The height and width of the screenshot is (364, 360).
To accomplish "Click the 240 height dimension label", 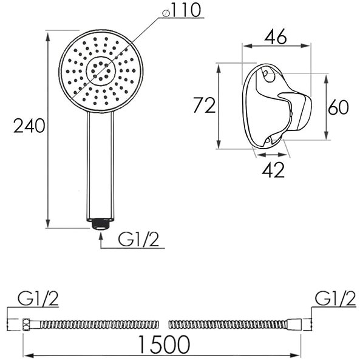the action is (29, 126).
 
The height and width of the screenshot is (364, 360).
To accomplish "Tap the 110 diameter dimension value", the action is (186, 10).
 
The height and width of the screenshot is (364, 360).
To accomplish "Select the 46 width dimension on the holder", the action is (276, 37).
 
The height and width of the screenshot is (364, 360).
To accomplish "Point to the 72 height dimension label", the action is (205, 106).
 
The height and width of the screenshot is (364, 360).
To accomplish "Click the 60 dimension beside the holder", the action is (338, 107).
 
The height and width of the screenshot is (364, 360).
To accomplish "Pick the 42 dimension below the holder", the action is (273, 170).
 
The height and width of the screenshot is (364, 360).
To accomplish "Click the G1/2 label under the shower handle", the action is (138, 240).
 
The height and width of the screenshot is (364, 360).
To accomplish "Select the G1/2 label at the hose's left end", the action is (38, 298).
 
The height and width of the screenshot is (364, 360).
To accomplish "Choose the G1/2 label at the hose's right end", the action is (335, 298).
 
